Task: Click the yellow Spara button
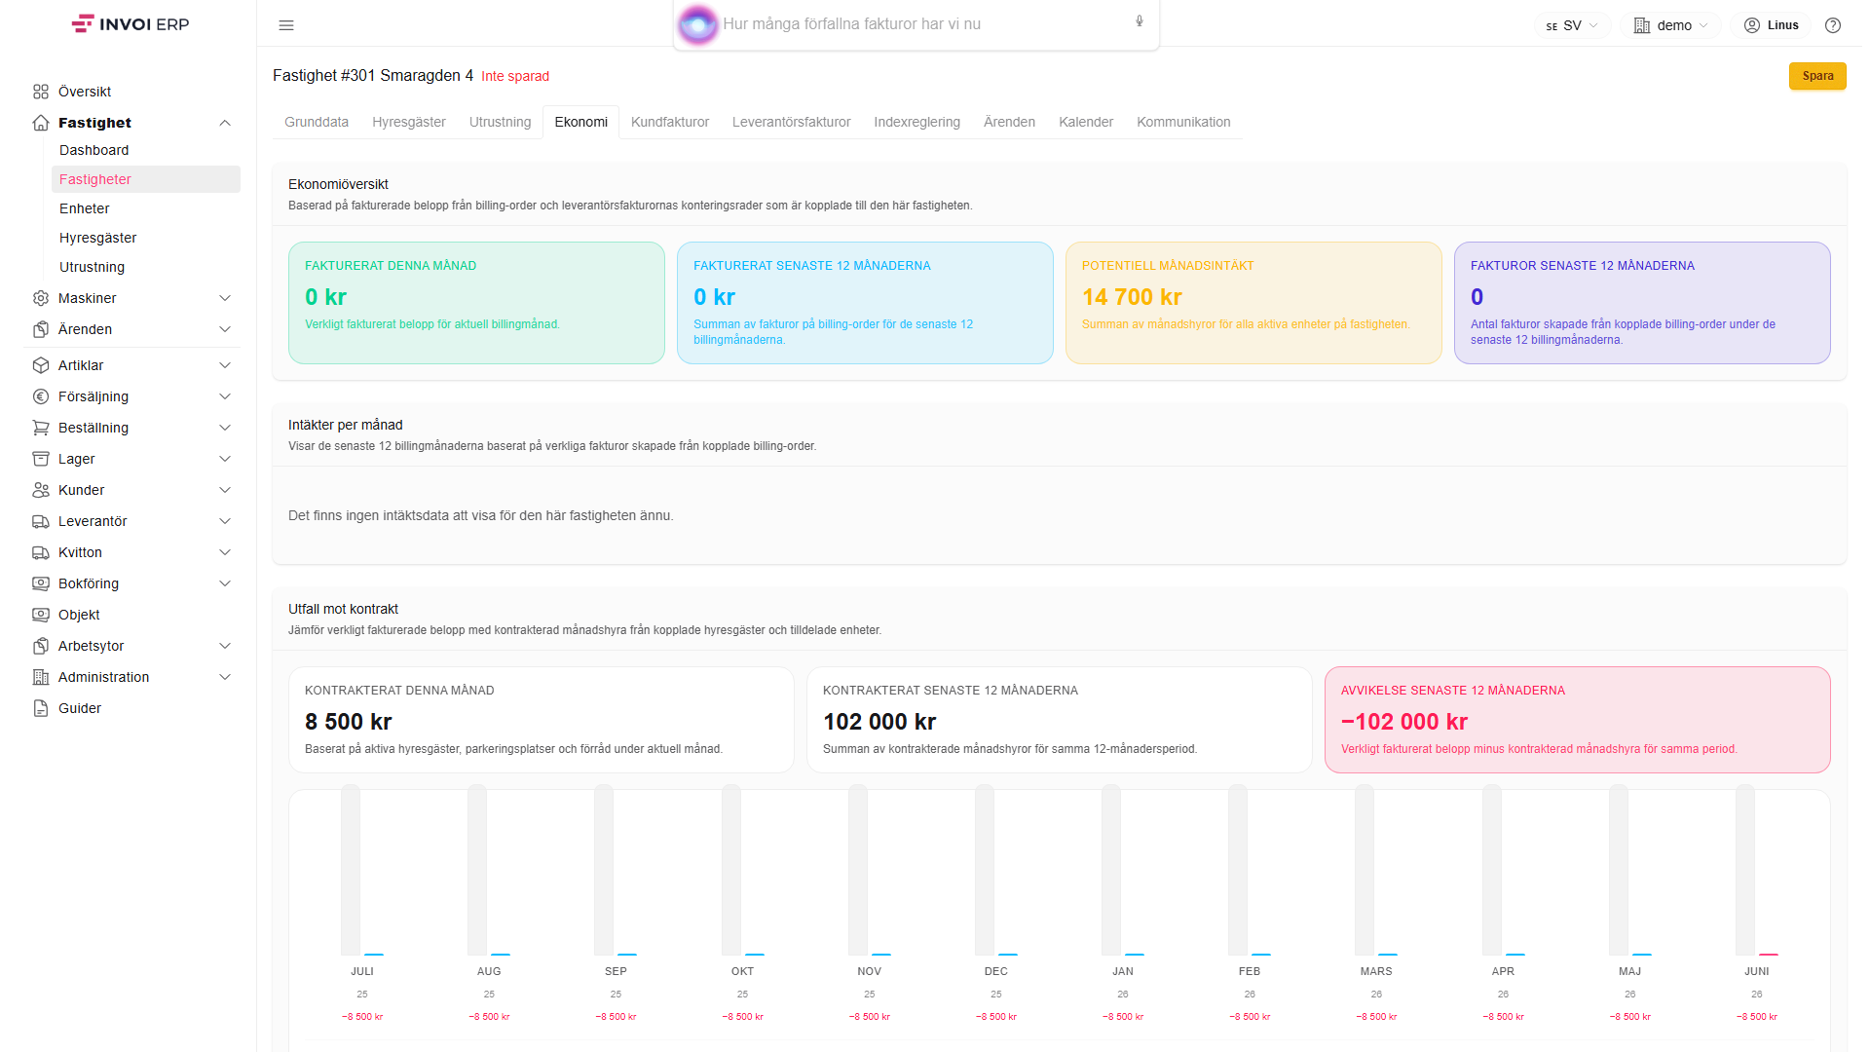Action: point(1817,76)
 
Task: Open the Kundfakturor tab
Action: point(670,122)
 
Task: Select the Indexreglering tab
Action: point(916,122)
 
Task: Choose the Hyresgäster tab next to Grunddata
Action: point(409,122)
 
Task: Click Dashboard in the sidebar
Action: point(93,150)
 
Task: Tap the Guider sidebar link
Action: point(80,708)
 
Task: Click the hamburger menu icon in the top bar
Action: point(286,25)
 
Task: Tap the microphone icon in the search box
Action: point(1140,21)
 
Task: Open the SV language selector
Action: point(1572,25)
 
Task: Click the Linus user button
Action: point(1772,25)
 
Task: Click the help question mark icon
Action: point(1833,25)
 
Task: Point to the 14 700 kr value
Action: point(1132,297)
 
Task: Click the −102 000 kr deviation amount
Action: point(1404,722)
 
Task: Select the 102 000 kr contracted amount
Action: point(879,722)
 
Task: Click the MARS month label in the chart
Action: point(1376,971)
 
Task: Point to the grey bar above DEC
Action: point(985,870)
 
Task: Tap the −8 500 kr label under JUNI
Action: point(1757,1017)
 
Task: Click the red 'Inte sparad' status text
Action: point(515,76)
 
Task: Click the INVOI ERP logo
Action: point(131,24)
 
